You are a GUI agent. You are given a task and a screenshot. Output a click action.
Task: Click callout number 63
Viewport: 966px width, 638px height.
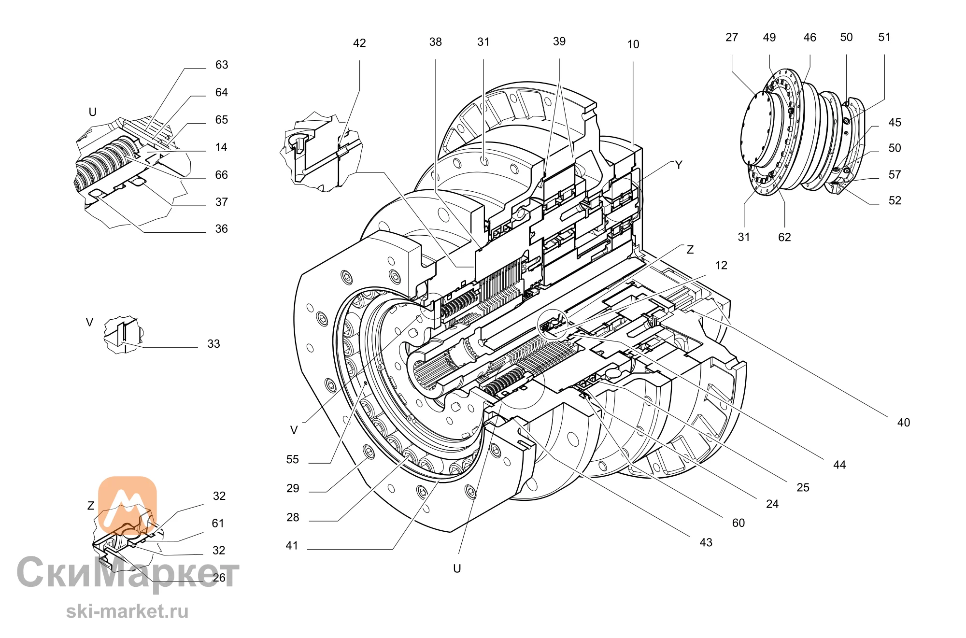coord(222,65)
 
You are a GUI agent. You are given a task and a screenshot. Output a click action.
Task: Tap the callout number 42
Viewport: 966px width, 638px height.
coord(359,43)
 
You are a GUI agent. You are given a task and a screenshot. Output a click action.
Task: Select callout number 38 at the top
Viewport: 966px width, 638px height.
coord(435,42)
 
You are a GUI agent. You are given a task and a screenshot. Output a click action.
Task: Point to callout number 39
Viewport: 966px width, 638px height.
coord(559,42)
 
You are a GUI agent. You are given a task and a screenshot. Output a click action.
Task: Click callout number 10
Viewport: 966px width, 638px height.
coord(633,44)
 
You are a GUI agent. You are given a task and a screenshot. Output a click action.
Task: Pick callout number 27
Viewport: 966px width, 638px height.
coord(732,37)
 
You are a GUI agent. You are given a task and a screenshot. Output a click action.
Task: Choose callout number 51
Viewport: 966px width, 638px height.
coord(884,37)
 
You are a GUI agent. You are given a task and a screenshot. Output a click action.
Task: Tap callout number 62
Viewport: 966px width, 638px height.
coord(784,237)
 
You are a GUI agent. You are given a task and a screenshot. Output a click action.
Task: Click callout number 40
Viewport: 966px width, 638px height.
coord(903,423)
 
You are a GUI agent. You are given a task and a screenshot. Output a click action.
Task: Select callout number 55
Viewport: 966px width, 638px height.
coord(292,459)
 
